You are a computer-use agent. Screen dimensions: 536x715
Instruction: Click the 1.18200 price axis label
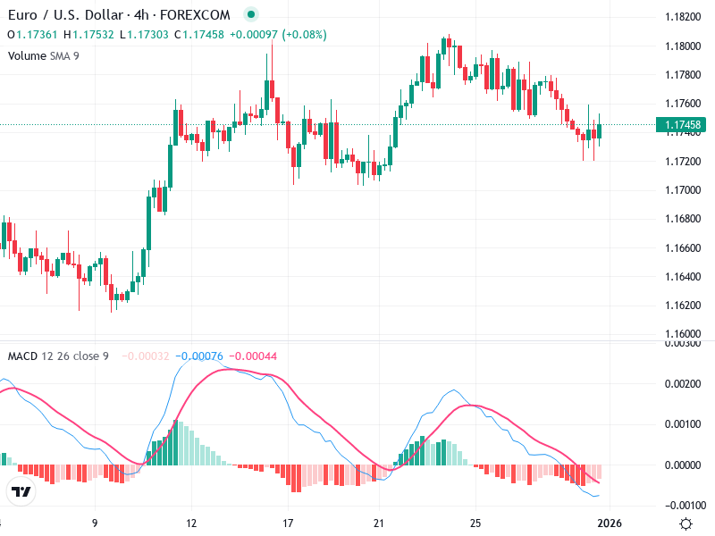[682, 17]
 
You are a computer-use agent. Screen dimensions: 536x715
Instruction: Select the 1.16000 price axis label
[682, 333]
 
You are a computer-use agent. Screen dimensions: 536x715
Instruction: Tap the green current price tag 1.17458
[682, 125]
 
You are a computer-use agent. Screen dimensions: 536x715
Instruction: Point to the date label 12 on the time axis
[190, 523]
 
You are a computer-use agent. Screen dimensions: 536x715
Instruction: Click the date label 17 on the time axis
[288, 523]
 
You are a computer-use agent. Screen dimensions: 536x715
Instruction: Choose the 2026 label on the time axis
[610, 523]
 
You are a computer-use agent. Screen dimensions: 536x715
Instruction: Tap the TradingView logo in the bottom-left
[21, 492]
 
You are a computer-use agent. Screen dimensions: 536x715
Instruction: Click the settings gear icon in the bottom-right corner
[686, 523]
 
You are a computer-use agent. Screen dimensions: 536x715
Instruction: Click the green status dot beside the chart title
[250, 15]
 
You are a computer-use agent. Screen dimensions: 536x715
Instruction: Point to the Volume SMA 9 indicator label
[43, 55]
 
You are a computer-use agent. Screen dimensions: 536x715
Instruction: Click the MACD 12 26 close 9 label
[58, 356]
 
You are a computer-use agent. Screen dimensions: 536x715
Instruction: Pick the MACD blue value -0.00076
[201, 356]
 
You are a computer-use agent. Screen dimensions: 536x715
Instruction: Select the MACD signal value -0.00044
[254, 356]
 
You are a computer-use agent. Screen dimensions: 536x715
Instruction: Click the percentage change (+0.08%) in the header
[305, 35]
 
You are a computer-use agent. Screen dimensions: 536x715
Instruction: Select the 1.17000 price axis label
[682, 190]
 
